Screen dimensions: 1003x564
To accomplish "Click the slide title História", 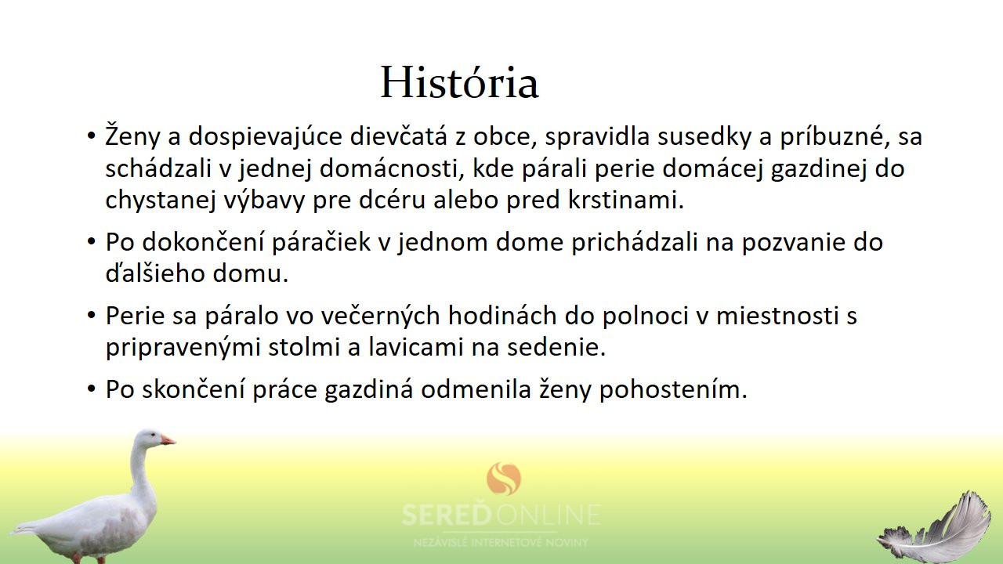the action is (x=459, y=83).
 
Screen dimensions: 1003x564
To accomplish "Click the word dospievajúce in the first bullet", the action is (x=265, y=137).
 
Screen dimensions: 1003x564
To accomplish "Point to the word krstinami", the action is (x=626, y=200).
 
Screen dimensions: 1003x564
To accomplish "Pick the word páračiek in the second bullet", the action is (x=321, y=242).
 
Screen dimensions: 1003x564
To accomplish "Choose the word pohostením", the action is (x=673, y=390).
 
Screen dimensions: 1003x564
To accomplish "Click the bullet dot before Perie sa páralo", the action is (x=92, y=316).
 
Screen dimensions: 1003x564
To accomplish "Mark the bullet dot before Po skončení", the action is (x=92, y=389).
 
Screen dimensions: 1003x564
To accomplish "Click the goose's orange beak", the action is (x=168, y=440).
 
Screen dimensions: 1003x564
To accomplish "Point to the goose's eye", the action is (x=153, y=435).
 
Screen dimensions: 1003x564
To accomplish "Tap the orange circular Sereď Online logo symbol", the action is (x=504, y=479).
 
